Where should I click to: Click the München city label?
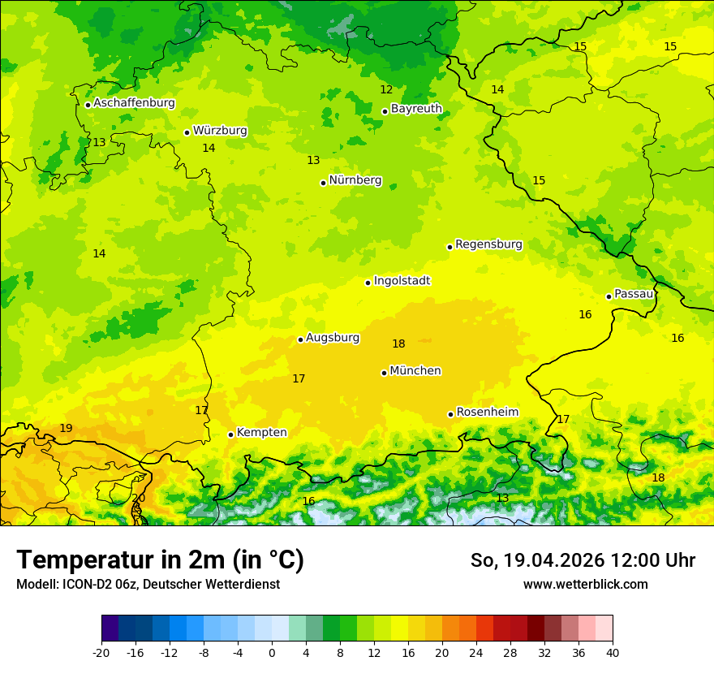[415, 371]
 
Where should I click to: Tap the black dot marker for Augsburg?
[300, 339]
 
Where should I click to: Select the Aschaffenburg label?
[134, 103]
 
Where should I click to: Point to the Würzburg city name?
[220, 131]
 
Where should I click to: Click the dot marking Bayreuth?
[385, 112]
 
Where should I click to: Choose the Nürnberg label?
[355, 180]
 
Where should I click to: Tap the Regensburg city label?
[488, 244]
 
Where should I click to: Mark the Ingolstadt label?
[402, 281]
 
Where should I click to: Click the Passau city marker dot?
[609, 296]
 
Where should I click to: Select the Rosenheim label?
[487, 413]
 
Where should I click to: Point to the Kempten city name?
[261, 433]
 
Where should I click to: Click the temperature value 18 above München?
[398, 344]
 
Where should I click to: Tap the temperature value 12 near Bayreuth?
[386, 90]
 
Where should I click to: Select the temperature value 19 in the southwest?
[66, 429]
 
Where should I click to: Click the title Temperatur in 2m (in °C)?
[160, 560]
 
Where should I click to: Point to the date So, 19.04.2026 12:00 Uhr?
[583, 560]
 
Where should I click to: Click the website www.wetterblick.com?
[585, 585]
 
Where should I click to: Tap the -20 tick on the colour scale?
[101, 653]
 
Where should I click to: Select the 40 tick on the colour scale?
[613, 653]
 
